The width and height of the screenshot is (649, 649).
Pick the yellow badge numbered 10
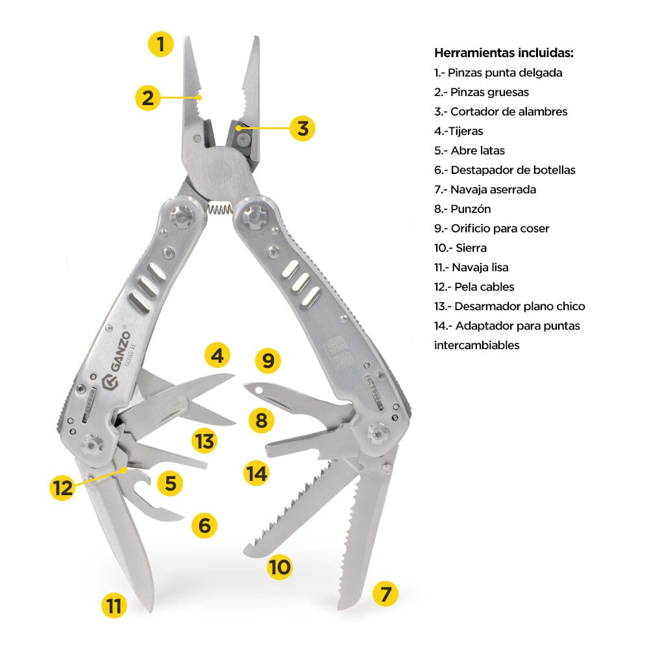pos(280,567)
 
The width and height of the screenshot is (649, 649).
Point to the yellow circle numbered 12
pos(63,487)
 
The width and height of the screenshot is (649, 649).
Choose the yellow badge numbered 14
pos(256,473)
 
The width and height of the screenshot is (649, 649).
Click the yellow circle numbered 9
pos(268,360)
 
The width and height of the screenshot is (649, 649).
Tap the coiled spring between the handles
pos(220,209)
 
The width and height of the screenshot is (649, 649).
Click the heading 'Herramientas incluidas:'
pos(504,53)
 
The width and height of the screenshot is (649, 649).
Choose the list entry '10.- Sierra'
pos(460,248)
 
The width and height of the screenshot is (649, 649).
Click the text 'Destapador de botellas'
pos(513,170)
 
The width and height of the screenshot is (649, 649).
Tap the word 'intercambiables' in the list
pos(476,345)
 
